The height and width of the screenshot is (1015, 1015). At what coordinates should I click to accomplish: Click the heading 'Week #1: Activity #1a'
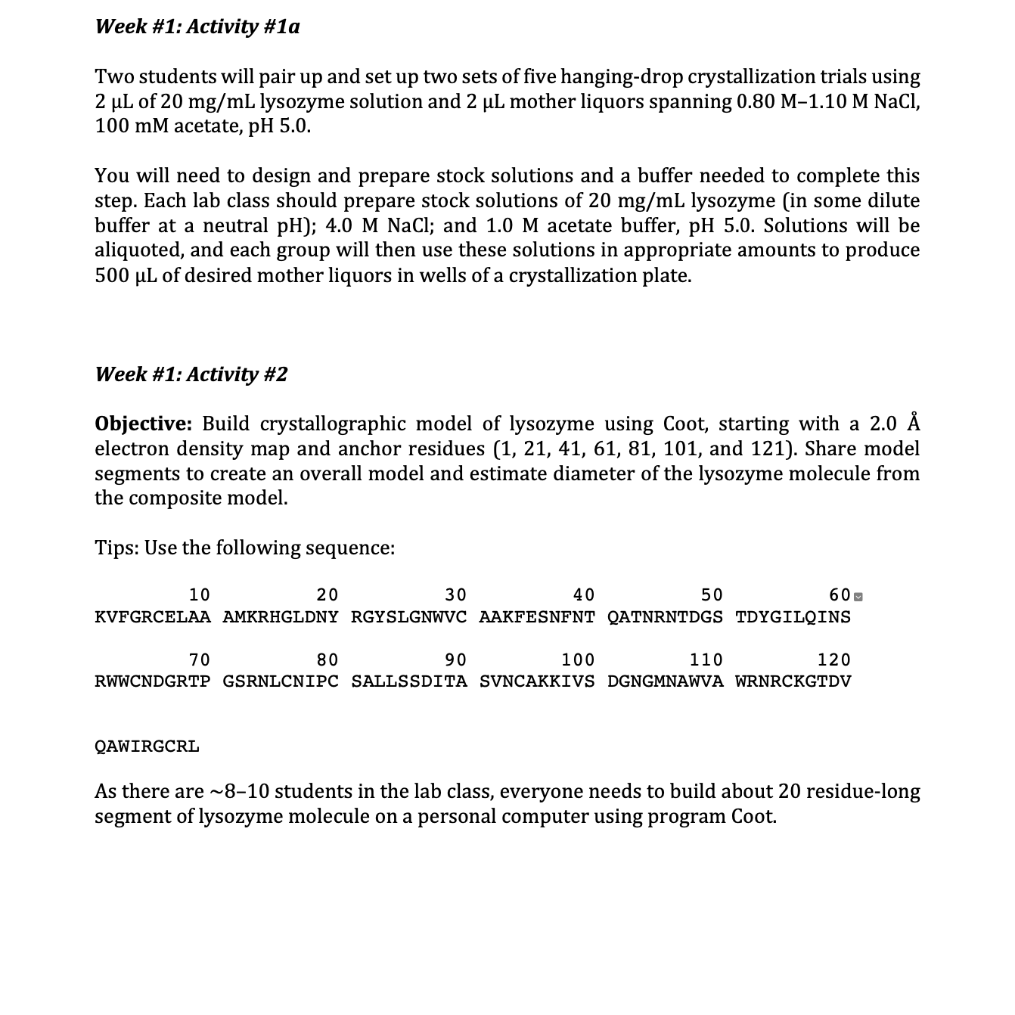(197, 26)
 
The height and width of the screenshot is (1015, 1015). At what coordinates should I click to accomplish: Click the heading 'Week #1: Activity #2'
(191, 374)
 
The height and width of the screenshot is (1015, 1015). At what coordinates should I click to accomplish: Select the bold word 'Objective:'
(144, 424)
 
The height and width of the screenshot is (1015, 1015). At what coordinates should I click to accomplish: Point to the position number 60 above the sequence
(840, 595)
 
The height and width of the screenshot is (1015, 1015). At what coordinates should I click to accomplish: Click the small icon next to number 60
(858, 597)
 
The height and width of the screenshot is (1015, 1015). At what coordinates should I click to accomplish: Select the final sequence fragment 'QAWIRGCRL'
(147, 747)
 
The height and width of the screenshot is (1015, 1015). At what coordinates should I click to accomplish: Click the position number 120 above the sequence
(834, 660)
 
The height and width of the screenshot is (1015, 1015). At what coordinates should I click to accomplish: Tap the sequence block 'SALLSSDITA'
(409, 681)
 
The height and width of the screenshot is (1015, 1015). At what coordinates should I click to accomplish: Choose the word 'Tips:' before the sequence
(116, 548)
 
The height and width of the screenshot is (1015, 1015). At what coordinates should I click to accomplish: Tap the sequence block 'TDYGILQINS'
(793, 617)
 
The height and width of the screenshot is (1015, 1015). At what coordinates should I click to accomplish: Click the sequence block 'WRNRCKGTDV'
(793, 681)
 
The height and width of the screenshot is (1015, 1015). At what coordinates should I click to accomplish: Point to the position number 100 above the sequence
(578, 660)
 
